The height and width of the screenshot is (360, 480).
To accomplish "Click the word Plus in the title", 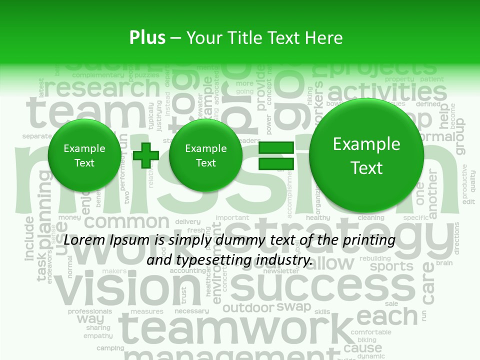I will coord(147,38).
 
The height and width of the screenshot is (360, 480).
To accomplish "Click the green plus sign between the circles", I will coord(146,155).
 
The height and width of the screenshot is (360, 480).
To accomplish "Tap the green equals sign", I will coord(276,155).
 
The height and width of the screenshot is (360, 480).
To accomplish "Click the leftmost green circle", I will coord(84,155).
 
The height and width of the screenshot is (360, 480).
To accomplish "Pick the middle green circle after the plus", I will coord(205,155).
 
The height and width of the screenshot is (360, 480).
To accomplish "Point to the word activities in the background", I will coord(387,93).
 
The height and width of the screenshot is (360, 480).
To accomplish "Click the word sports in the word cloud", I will coord(391,266).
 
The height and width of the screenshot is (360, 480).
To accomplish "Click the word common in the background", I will coord(129,222).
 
